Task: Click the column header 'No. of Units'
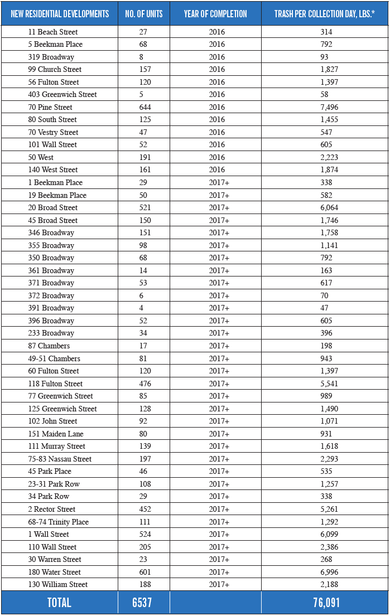click(x=144, y=13)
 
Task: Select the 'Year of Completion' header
click(x=215, y=13)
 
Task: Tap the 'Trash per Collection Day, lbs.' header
click(x=324, y=13)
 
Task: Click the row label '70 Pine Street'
click(x=50, y=107)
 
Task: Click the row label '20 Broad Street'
click(x=53, y=207)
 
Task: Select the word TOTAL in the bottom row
click(x=59, y=603)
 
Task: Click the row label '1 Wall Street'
click(x=49, y=534)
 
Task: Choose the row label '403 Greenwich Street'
click(x=62, y=94)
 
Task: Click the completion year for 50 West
click(x=217, y=157)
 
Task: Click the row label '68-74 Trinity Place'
click(x=59, y=522)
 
